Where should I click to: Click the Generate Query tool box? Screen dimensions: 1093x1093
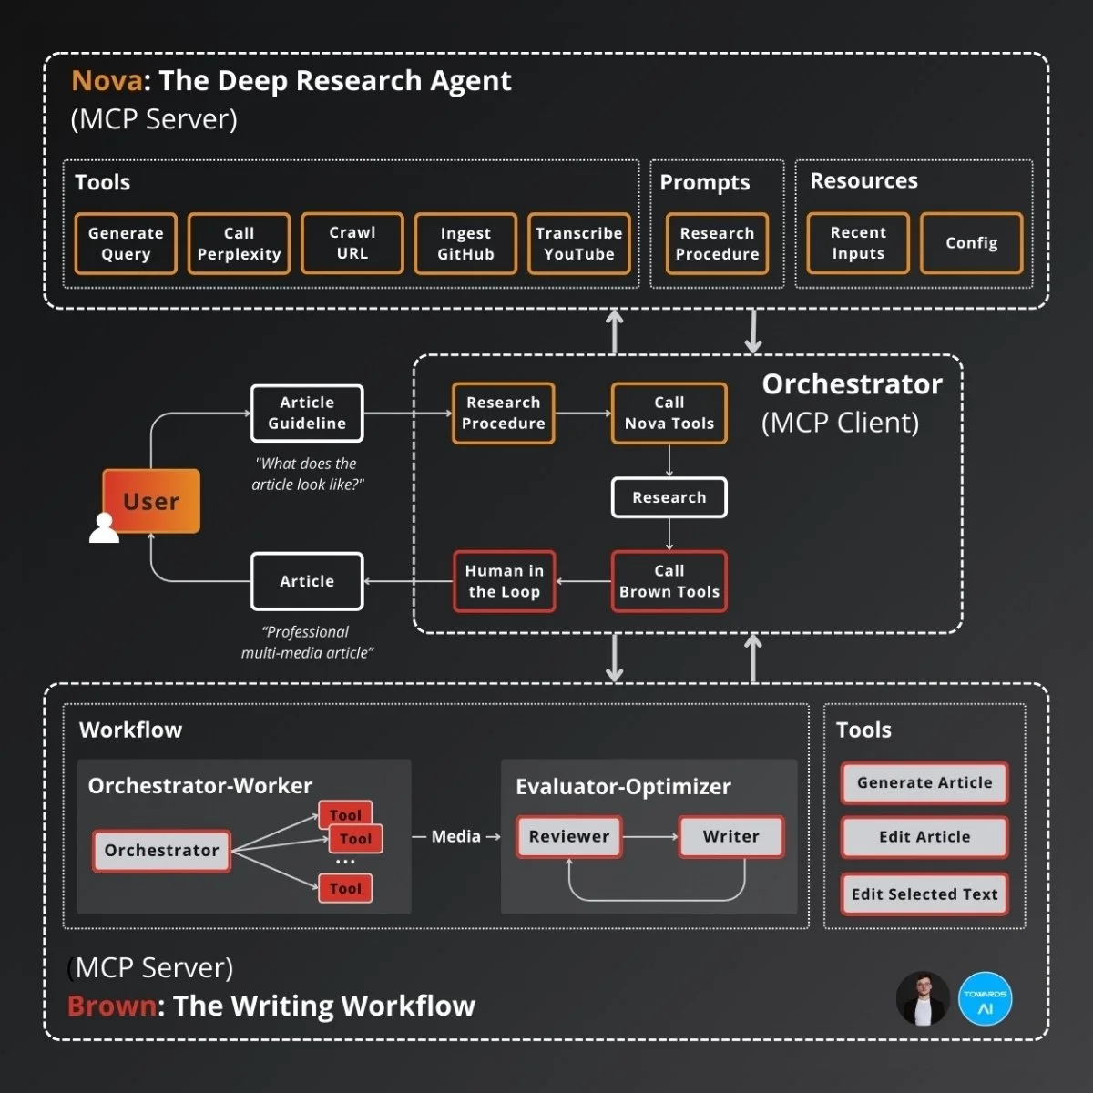(126, 243)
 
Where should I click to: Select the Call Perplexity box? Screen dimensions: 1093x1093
(239, 243)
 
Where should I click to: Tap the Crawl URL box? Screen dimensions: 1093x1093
(352, 242)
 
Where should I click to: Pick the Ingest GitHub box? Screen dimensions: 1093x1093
(465, 243)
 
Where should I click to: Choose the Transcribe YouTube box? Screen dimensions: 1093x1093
(578, 243)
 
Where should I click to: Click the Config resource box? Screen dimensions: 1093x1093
(971, 242)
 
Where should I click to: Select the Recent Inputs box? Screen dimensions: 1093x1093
(858, 242)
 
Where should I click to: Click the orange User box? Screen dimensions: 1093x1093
(152, 501)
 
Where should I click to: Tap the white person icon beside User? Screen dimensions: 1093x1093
(104, 528)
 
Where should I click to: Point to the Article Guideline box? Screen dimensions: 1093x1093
(307, 413)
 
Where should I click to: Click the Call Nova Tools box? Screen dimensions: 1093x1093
(669, 413)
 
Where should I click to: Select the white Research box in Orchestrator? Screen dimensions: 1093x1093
(669, 497)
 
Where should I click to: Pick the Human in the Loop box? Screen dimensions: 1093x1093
(505, 581)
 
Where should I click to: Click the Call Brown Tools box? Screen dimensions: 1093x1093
(669, 581)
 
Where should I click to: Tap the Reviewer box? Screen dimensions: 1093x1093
(569, 836)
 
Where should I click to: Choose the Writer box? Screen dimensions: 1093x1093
(730, 836)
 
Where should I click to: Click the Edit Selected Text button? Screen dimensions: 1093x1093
(924, 894)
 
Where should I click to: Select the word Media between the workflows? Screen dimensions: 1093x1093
(455, 836)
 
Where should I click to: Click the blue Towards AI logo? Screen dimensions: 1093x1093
(985, 999)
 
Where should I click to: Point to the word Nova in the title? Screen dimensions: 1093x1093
(107, 81)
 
